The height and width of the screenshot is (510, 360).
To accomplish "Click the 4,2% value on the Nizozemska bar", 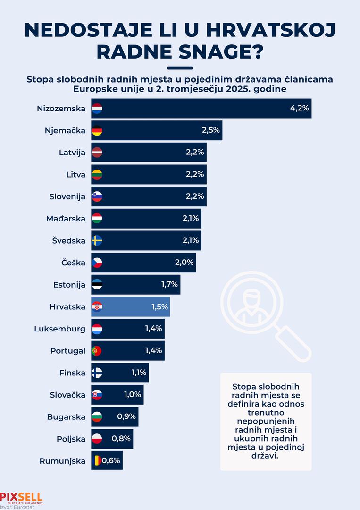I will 299,108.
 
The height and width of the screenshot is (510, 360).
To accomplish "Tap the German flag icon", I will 97,130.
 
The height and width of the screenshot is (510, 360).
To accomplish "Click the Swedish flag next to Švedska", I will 97,241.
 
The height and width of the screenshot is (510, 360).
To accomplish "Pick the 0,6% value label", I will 111,461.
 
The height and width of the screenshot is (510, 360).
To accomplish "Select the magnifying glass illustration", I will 264,312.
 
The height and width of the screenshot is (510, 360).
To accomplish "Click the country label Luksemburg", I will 60,329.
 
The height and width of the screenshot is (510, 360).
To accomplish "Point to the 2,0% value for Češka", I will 184,263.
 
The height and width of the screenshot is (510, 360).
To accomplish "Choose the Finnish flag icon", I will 97,373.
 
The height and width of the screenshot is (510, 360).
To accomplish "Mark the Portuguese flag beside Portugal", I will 97,351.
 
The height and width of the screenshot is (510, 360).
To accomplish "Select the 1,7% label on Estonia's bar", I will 168,285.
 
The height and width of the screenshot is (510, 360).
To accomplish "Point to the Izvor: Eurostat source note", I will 14,507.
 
